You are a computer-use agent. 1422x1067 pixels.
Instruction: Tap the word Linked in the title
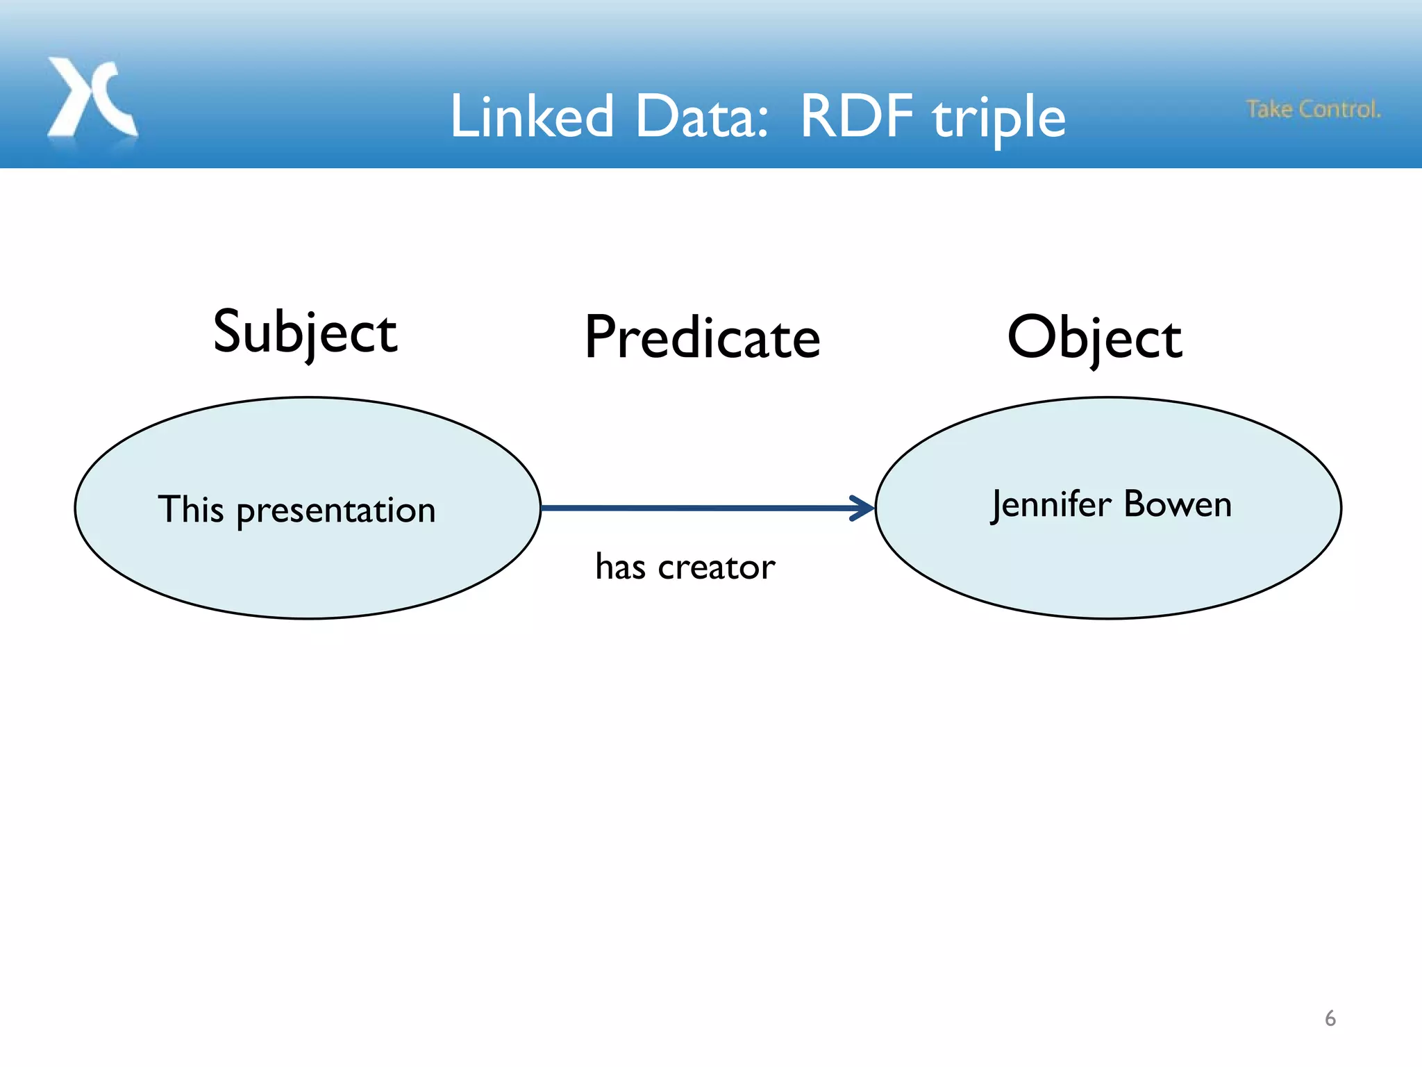point(532,116)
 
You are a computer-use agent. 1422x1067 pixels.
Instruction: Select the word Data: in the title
point(701,116)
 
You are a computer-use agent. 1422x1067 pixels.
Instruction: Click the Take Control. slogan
point(1313,109)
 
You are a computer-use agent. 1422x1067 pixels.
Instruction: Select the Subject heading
point(305,333)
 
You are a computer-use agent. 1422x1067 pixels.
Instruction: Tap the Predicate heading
point(702,338)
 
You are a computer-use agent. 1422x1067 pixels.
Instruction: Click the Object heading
point(1094,338)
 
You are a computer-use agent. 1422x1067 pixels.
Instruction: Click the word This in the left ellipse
point(190,509)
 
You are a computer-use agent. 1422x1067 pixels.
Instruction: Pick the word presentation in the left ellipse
point(336,512)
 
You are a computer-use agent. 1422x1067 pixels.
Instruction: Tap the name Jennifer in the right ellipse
point(1051,504)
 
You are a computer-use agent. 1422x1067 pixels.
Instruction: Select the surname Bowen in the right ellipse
point(1178,504)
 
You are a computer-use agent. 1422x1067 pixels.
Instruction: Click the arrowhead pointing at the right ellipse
point(863,508)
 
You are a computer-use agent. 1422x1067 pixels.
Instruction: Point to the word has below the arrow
point(620,566)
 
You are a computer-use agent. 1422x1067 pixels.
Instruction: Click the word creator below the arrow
point(716,568)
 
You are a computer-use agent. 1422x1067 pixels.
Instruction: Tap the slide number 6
point(1330,1018)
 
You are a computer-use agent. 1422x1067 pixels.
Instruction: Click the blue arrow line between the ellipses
point(694,508)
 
